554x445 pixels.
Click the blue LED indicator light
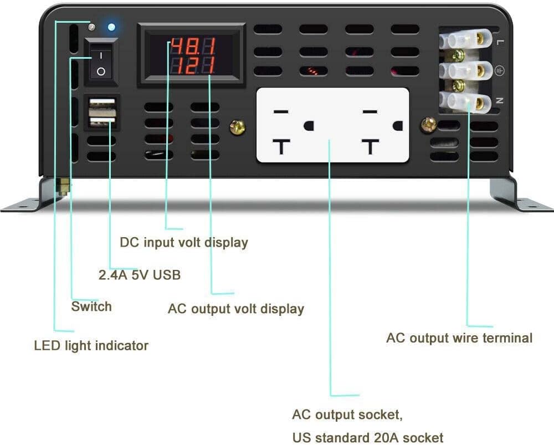(x=111, y=27)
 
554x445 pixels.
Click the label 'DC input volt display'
(x=184, y=242)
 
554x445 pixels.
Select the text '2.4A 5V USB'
(x=140, y=275)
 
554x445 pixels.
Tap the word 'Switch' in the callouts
(x=91, y=306)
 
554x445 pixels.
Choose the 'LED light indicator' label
(x=91, y=346)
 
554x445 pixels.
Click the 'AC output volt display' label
(x=236, y=309)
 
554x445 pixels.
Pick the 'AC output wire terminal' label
(x=459, y=337)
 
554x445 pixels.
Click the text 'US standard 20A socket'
(x=368, y=437)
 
